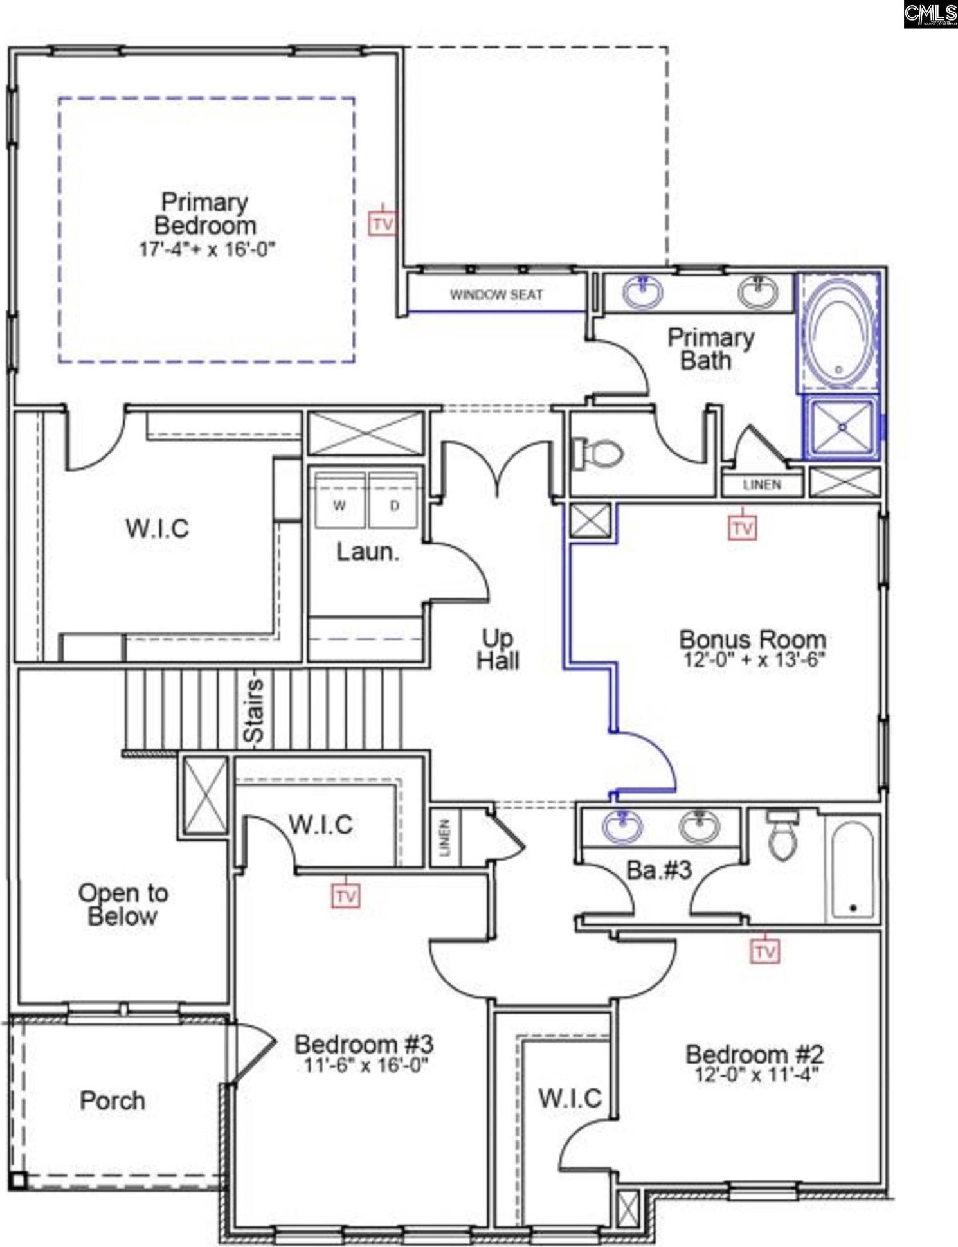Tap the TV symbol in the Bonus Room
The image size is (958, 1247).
742,527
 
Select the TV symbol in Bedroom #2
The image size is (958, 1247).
764,951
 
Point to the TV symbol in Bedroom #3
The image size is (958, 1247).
345,895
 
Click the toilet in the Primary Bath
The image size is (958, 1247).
597,453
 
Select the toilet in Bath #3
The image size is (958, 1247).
782,834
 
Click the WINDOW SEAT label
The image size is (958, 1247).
496,295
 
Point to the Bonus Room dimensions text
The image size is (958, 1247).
754,660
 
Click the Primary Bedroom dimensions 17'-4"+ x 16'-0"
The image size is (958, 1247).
206,249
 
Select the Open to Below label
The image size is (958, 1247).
123,904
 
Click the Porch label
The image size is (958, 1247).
113,1100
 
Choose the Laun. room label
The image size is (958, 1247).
368,552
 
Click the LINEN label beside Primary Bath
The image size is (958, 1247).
763,485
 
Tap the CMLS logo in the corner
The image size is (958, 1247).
930,14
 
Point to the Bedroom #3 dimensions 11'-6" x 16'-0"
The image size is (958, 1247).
365,1065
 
